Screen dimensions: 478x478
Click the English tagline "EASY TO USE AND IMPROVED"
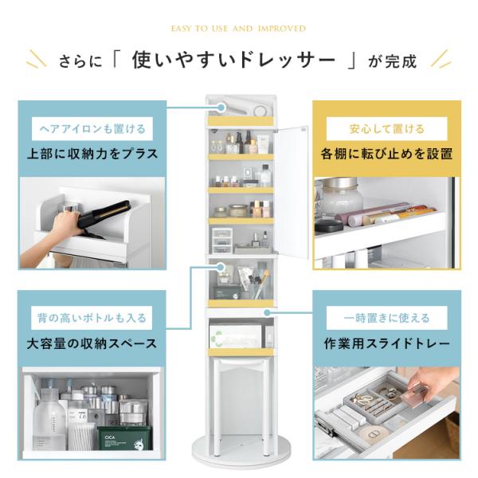(238, 29)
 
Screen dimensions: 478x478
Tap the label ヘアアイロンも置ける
(92, 128)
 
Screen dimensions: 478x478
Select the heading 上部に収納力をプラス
(92, 154)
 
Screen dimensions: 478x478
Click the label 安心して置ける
(386, 128)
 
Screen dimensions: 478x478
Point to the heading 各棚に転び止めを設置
(386, 154)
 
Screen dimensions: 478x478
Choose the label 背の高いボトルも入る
(92, 318)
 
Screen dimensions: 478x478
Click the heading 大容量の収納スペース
(92, 343)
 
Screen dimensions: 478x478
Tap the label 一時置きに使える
(386, 318)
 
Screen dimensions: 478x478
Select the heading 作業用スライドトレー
(386, 343)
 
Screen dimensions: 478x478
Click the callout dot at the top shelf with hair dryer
(221, 108)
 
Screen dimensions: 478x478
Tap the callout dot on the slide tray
(268, 312)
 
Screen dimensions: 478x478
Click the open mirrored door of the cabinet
(291, 191)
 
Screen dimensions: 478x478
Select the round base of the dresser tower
(241, 453)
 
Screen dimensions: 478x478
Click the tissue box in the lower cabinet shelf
(235, 336)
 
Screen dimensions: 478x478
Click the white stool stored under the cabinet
(241, 406)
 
